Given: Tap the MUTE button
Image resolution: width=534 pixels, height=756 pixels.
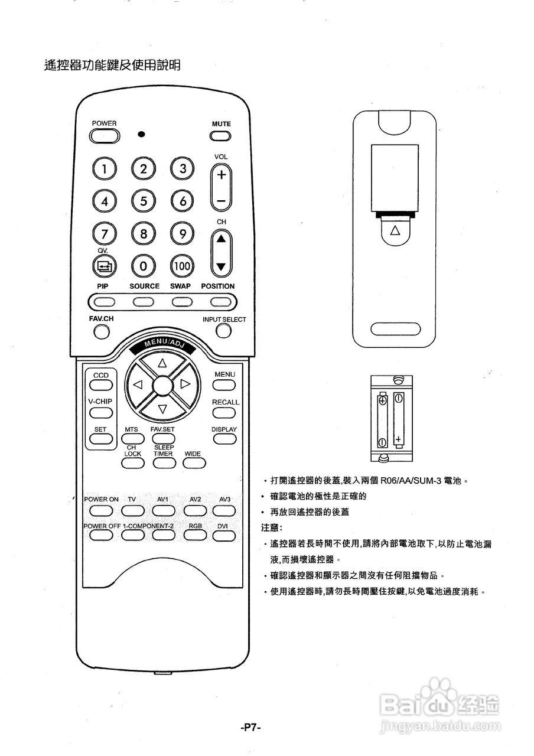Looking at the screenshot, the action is (221, 136).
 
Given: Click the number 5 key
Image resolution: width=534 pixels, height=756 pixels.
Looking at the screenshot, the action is (143, 201).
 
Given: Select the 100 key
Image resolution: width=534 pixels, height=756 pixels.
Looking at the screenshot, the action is (182, 266).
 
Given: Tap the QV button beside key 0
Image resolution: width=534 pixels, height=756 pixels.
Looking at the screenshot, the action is (104, 266).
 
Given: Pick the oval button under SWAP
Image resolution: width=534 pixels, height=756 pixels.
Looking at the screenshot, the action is (181, 302).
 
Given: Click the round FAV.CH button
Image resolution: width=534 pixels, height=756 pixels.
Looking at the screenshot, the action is (102, 333).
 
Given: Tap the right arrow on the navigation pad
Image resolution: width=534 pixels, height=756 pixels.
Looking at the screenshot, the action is (185, 384).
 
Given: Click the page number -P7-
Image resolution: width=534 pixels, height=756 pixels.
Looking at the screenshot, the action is (251, 728).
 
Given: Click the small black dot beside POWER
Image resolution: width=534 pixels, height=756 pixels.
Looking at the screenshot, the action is (141, 134).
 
